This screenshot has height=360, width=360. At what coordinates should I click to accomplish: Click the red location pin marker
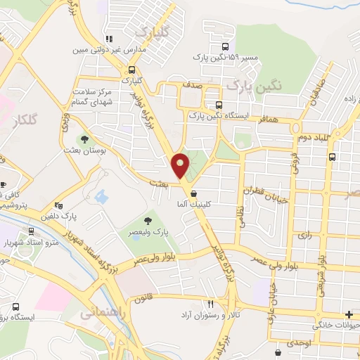181,165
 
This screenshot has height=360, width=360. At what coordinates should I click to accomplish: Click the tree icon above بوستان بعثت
84,140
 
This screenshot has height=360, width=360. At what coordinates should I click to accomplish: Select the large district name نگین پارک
255,84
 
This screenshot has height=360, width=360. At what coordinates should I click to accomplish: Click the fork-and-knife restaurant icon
210,304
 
